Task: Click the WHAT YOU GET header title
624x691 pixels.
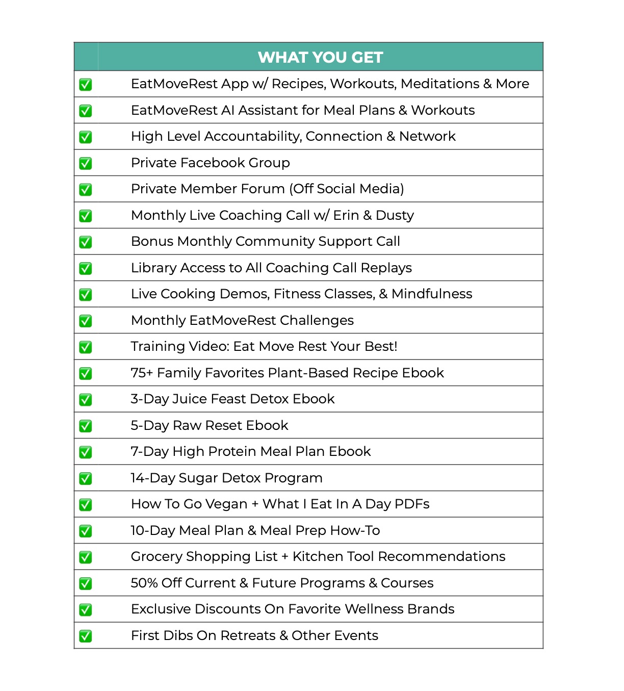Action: pyautogui.click(x=320, y=57)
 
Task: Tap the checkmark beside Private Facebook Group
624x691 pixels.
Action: pyautogui.click(x=86, y=163)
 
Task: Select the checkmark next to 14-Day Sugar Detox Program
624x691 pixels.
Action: pyautogui.click(x=86, y=478)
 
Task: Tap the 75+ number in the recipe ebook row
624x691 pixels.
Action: pyautogui.click(x=142, y=373)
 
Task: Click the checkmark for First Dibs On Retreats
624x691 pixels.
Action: pyautogui.click(x=86, y=636)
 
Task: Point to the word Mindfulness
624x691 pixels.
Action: pyautogui.click(x=432, y=294)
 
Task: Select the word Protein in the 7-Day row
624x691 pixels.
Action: pyautogui.click(x=232, y=452)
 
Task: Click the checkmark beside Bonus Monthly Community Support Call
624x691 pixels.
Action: pyautogui.click(x=86, y=242)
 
